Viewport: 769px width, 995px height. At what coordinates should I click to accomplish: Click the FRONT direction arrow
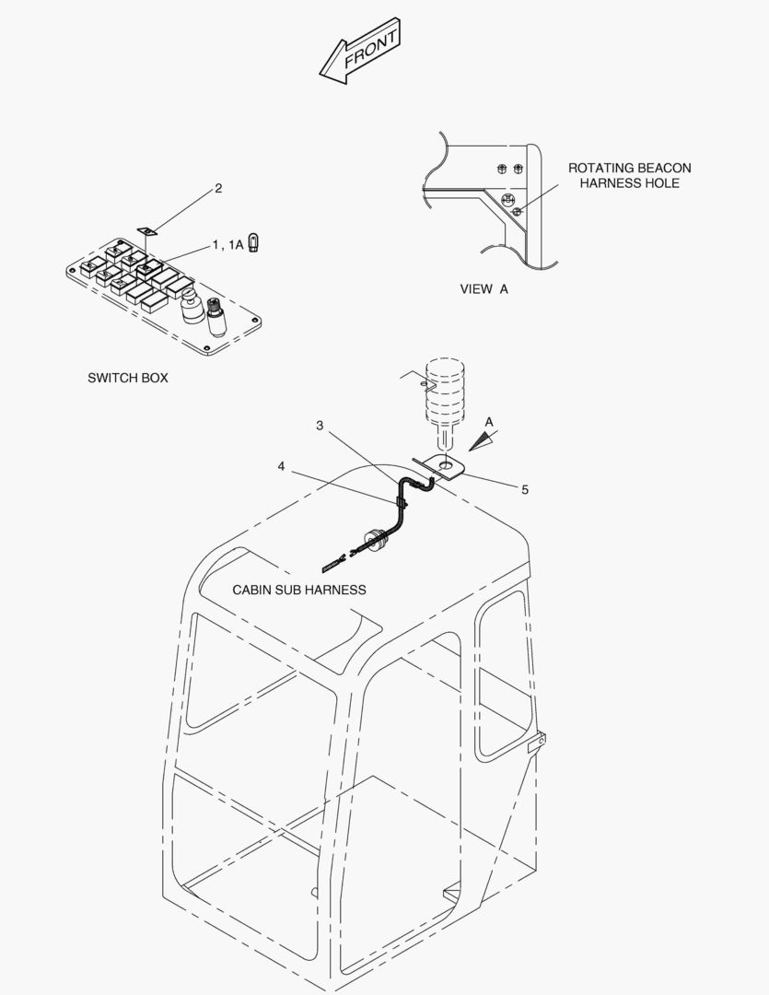pos(359,51)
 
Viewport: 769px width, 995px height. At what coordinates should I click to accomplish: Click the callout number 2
pos(218,189)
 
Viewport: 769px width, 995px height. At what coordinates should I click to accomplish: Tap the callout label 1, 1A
pos(227,245)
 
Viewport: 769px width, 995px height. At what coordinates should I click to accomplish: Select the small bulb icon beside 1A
pos(254,243)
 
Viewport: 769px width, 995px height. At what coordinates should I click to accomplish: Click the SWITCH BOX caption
pos(127,379)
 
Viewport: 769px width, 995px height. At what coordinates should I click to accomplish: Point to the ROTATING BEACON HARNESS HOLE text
pos(629,176)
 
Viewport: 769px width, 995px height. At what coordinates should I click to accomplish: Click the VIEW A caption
pos(484,289)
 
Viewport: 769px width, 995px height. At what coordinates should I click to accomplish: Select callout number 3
pos(320,425)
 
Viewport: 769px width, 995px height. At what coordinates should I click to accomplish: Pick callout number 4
pos(281,466)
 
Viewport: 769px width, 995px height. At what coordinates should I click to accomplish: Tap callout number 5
pos(525,490)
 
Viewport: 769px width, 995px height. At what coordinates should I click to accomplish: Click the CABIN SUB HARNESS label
pos(298,591)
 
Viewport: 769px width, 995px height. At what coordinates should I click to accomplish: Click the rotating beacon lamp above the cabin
pos(445,399)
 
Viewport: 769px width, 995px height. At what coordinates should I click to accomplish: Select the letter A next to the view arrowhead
pos(489,423)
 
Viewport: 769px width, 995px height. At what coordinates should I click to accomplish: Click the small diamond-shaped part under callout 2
pos(146,229)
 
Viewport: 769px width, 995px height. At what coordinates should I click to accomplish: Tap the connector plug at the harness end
pos(333,563)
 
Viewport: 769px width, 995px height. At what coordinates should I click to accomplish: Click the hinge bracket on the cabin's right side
pos(537,742)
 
